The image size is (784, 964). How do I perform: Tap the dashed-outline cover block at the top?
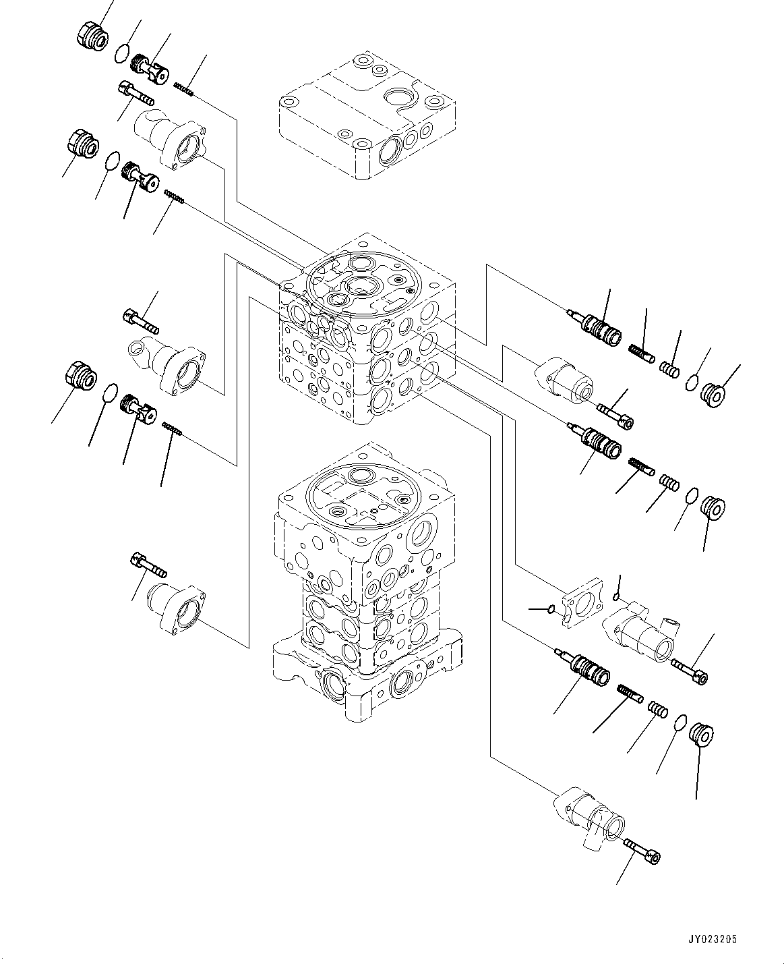click(367, 115)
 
